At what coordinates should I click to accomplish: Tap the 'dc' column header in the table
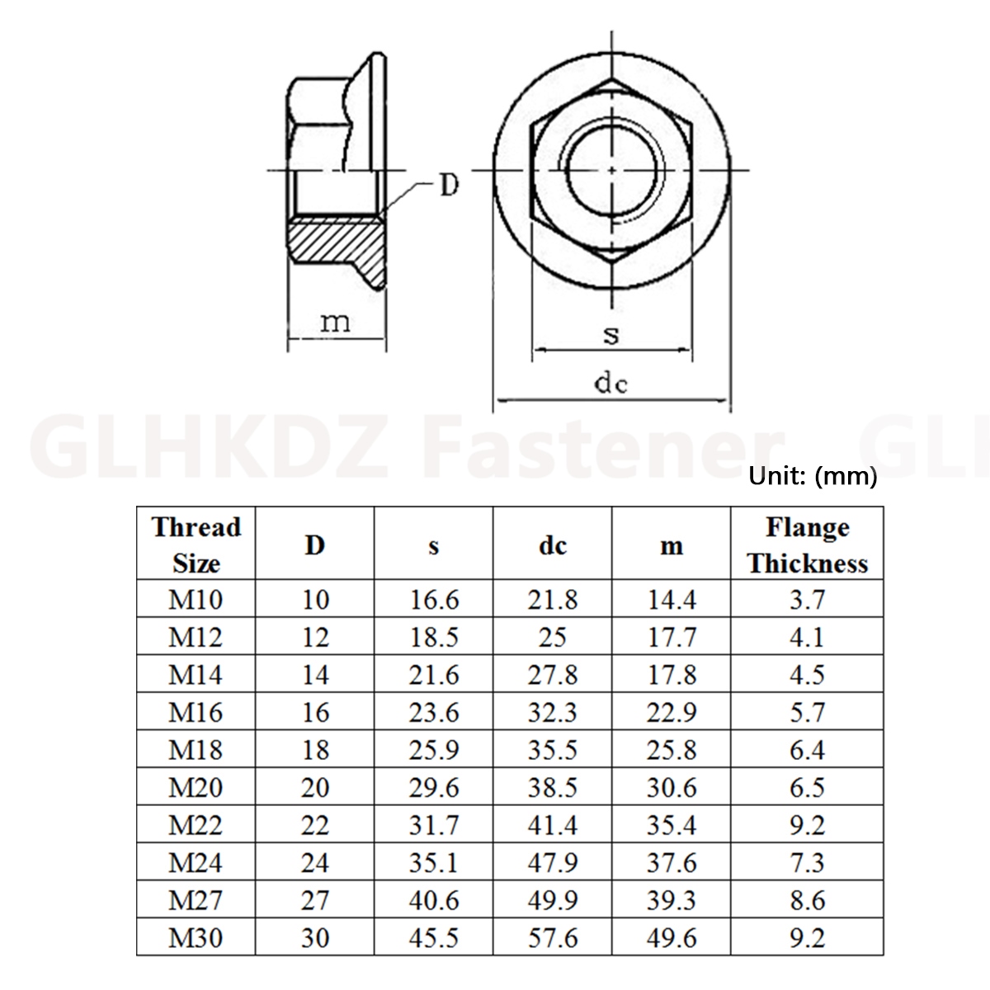[552, 545]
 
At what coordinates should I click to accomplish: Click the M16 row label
[196, 712]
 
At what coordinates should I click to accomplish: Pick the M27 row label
[196, 900]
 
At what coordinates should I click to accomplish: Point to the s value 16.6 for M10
[434, 600]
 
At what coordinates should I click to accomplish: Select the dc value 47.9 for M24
[552, 863]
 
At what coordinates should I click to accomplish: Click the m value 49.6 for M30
[672, 938]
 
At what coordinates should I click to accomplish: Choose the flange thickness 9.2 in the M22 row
[807, 825]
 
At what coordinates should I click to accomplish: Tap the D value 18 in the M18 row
[315, 750]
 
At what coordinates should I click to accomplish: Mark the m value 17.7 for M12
[672, 637]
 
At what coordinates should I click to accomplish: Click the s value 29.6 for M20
[434, 788]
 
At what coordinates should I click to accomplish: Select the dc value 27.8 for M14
[552, 675]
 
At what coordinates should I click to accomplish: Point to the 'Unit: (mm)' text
[813, 476]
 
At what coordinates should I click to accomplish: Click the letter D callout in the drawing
[447, 185]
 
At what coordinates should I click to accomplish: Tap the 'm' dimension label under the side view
[336, 321]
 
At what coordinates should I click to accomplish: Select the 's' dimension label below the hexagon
[610, 334]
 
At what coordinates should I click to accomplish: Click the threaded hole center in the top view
[611, 170]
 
